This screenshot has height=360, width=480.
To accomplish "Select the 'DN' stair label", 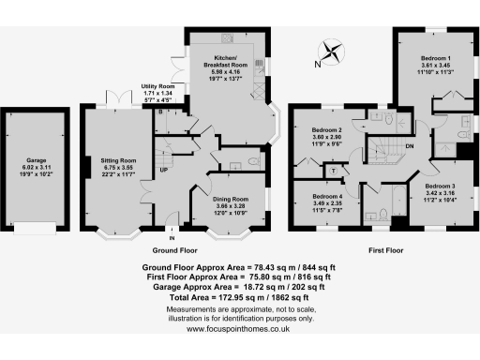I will pyautogui.click(x=410, y=145).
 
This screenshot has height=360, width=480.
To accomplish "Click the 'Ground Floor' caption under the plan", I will pyautogui.click(x=177, y=252).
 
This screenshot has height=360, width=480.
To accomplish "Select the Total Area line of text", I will pyautogui.click(x=239, y=296).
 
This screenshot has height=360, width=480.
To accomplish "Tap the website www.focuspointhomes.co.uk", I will pyautogui.click(x=239, y=329).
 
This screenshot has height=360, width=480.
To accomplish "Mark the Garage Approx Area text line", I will pyautogui.click(x=239, y=287).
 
